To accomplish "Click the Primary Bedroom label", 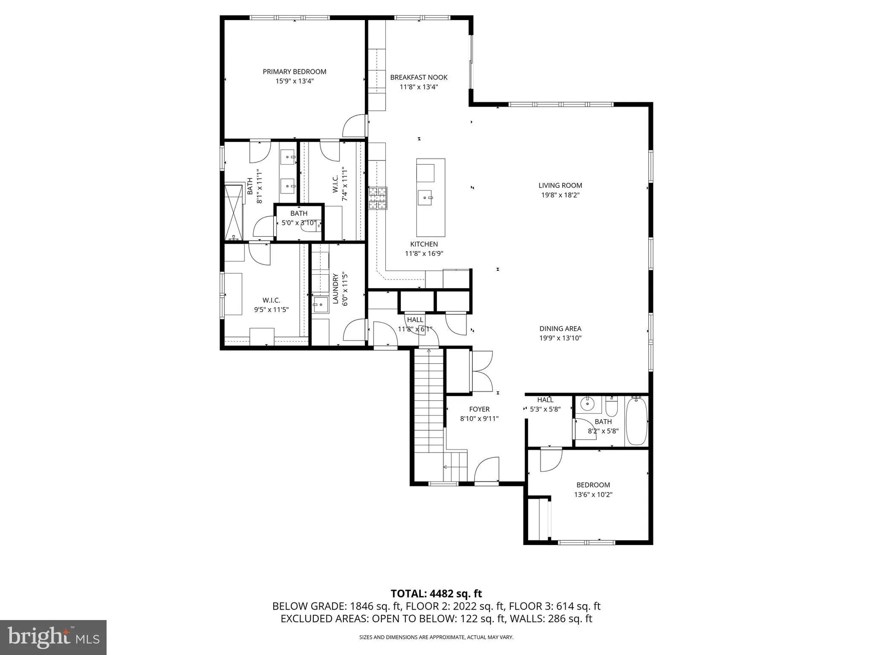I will tap(294, 72).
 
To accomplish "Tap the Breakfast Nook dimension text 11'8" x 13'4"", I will tap(419, 87).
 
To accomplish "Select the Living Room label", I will tap(560, 186).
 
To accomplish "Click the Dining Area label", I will tap(560, 329).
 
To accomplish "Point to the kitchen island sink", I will tap(425, 198).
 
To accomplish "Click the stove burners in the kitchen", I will tap(378, 198).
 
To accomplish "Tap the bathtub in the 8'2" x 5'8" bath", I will tap(636, 421).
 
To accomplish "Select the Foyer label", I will tap(479, 409).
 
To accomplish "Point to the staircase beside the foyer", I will tap(429, 402).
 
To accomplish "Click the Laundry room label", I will tap(336, 289).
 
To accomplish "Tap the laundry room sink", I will tap(320, 305).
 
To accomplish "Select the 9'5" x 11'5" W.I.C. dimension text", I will tap(271, 310).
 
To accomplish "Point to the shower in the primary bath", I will tap(233, 212).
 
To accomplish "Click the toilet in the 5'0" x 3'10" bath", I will tap(311, 226).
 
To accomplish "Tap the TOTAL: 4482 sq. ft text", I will tap(436, 594).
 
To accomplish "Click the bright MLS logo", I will tap(53, 637).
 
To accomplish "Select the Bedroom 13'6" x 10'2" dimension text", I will tap(593, 495).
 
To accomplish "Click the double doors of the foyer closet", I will tap(481, 371).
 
